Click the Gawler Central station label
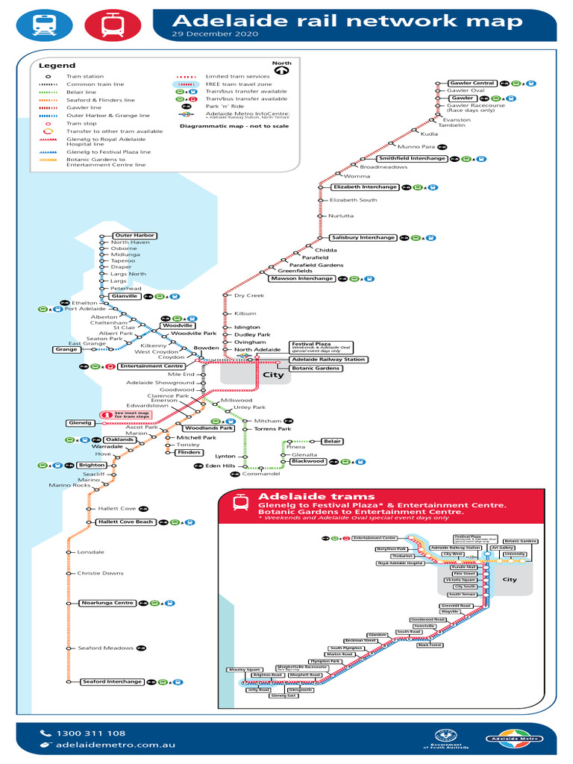pyautogui.click(x=472, y=83)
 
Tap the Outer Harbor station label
pyautogui.click(x=134, y=236)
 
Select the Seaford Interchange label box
pyautogui.click(x=112, y=681)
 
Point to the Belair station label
pyautogui.click(x=332, y=441)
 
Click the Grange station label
pyautogui.click(x=66, y=349)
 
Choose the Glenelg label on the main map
pyautogui.click(x=80, y=423)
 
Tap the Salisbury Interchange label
pyautogui.click(x=363, y=237)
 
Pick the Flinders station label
pyautogui.click(x=188, y=452)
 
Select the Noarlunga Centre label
pyautogui.click(x=107, y=602)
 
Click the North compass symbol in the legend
pyautogui.click(x=281, y=70)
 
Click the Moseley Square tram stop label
pyautogui.click(x=245, y=669)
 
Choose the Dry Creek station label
pyautogui.click(x=249, y=295)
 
